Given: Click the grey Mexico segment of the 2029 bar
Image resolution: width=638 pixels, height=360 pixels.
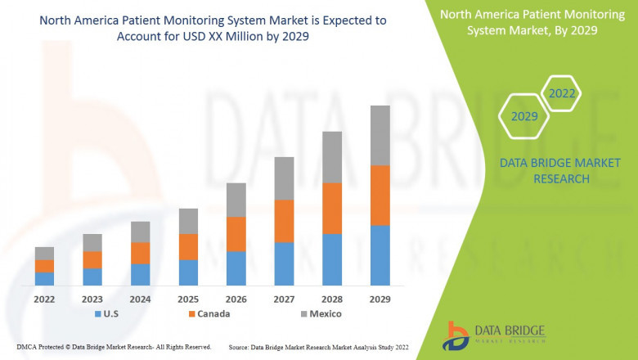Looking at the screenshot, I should tap(380, 135).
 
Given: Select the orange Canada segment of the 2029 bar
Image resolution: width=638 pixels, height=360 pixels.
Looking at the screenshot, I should tap(380, 195).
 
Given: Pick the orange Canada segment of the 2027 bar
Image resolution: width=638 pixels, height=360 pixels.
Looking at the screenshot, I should tap(284, 220).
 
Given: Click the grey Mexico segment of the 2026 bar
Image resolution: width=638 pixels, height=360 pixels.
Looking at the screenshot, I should tap(236, 200).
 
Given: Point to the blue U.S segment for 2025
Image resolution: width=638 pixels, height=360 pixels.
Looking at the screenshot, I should tap(188, 272).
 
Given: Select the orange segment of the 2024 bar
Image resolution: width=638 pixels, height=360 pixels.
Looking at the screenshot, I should tap(140, 253).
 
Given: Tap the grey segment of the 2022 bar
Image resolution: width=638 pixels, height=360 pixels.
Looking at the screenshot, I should tap(44, 253).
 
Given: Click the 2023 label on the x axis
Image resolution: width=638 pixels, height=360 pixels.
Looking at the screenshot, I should tap(92, 299).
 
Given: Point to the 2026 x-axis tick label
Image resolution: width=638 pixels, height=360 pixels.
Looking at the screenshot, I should tap(236, 299).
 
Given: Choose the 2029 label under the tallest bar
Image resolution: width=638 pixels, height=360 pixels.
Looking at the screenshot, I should tap(380, 299).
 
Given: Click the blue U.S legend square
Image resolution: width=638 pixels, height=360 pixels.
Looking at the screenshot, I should tap(99, 314).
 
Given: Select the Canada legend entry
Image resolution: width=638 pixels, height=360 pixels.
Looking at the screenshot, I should tap(209, 314).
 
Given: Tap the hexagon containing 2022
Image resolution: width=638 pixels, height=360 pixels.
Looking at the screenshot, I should tap(561, 93).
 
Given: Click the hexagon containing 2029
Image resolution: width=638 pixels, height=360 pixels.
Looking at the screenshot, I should tap(524, 117).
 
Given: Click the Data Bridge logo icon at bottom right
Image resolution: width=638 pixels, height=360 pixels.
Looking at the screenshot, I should tap(456, 335).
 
